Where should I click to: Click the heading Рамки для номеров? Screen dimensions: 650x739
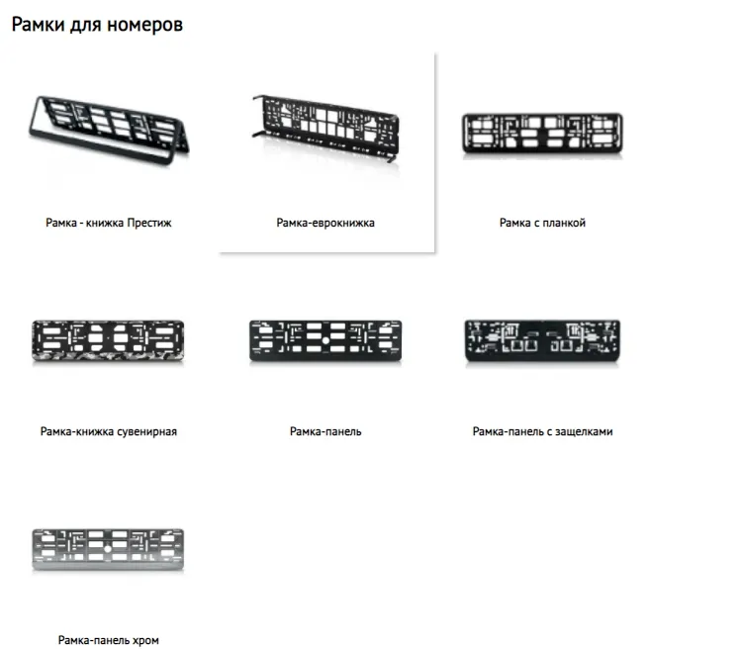[x=97, y=25]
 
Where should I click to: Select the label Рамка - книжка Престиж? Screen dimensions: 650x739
[x=109, y=224]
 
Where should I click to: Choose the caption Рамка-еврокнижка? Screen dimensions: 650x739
[x=325, y=224]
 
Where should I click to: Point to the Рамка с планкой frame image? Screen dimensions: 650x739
[x=542, y=134]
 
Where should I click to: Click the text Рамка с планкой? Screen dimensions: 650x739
[x=542, y=224]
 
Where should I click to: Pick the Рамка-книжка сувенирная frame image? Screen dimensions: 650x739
[x=108, y=339]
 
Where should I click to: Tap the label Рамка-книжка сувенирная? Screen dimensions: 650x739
[x=109, y=431]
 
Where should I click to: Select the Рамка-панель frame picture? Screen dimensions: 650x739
[x=325, y=339]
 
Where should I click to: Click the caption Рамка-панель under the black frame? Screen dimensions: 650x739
[x=325, y=431]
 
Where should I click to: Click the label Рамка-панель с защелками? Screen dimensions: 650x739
[x=542, y=431]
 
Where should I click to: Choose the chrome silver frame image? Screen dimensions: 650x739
[x=108, y=550]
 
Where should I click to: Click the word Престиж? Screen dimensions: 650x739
[x=149, y=224]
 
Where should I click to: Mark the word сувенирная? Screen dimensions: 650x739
[x=144, y=431]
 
